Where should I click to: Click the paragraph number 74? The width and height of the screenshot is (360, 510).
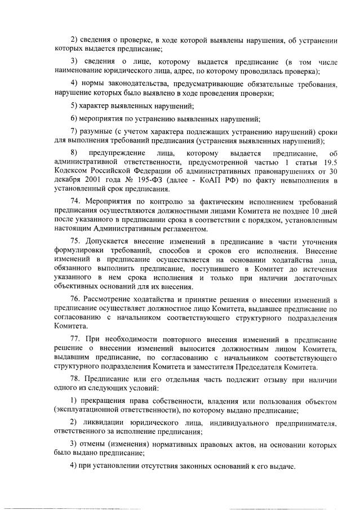click(77, 201)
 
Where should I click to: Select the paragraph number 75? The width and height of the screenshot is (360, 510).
click(77, 241)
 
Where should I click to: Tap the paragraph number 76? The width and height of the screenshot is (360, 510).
click(77, 299)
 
